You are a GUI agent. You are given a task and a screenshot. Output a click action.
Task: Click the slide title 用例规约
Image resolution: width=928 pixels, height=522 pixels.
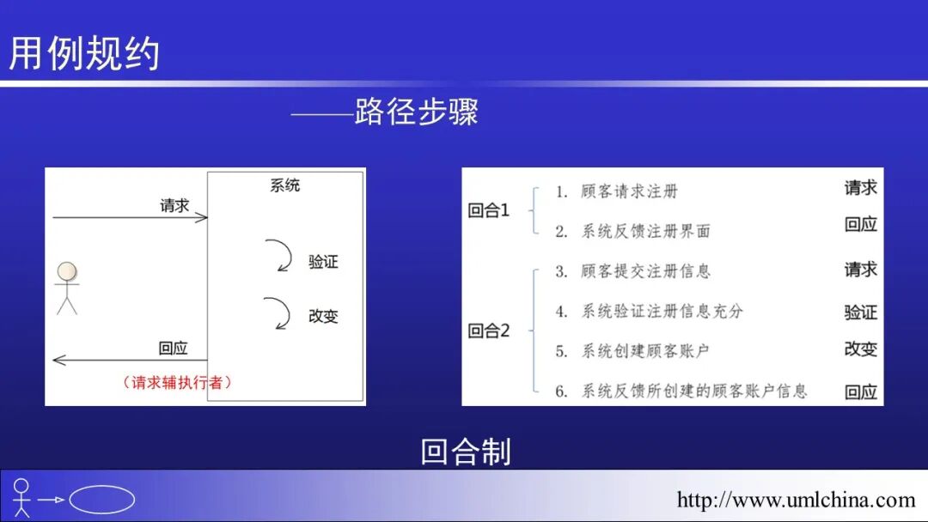(x=84, y=53)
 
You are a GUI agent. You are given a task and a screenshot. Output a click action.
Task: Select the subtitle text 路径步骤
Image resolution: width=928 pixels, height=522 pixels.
(x=416, y=112)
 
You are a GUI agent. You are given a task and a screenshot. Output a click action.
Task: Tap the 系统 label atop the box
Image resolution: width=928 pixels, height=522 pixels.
(x=284, y=185)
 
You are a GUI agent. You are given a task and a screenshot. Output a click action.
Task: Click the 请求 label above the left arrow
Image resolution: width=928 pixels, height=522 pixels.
(x=174, y=206)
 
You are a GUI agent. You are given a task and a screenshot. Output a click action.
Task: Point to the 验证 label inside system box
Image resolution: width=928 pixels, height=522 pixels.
(x=324, y=262)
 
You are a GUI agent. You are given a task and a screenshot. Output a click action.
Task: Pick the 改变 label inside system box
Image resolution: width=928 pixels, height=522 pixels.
(x=324, y=316)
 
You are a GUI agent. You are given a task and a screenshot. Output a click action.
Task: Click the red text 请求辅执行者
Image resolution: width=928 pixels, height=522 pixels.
(x=178, y=383)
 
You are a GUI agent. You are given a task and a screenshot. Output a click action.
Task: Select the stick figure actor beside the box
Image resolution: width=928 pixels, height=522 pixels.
(x=67, y=287)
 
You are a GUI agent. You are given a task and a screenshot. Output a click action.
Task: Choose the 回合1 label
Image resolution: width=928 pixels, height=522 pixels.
(x=488, y=210)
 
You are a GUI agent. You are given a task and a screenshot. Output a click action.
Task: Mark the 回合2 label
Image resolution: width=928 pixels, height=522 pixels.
(x=488, y=331)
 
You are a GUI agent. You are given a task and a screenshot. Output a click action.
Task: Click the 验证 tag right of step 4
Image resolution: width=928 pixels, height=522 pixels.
(x=860, y=313)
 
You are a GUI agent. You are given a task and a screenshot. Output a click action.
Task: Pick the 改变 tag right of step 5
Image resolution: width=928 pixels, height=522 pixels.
(x=860, y=349)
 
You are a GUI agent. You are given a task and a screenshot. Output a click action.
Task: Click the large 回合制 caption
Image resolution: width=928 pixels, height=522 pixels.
(x=465, y=451)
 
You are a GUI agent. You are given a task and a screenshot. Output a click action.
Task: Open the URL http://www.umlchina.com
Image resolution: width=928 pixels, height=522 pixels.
(x=796, y=500)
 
